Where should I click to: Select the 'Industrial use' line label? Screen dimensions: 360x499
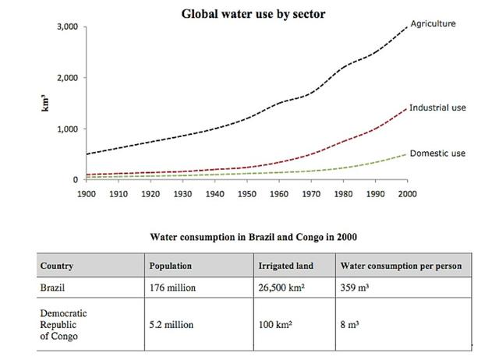pos(437,107)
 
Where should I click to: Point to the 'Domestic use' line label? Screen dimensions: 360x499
pos(437,153)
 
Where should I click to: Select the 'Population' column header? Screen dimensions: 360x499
pos(170,266)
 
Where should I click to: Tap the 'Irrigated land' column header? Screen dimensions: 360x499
pos(285,266)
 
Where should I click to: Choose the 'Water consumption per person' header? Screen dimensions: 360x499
pos(401,266)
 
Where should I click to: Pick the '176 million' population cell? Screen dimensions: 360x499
pos(172,287)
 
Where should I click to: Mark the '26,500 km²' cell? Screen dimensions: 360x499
pos(282,287)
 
